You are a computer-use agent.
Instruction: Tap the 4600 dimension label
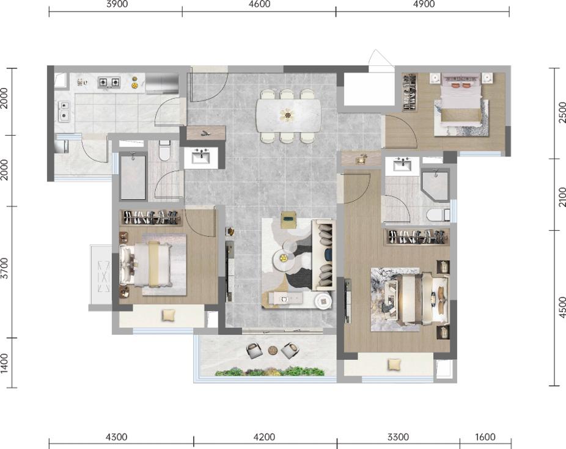pyautogui.click(x=260, y=4)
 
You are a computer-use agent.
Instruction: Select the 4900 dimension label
pyautogui.click(x=424, y=4)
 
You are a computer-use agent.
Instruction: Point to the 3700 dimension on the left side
pyautogui.click(x=4, y=268)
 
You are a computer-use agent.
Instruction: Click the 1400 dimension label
pyautogui.click(x=4, y=363)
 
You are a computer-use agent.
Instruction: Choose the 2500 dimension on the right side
pyautogui.click(x=562, y=112)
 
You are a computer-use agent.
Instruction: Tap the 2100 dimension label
pyautogui.click(x=562, y=197)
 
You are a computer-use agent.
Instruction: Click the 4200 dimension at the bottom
pyautogui.click(x=264, y=437)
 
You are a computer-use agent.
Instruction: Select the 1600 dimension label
pyautogui.click(x=485, y=437)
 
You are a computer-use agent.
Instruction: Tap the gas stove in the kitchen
pyautogui.click(x=109, y=82)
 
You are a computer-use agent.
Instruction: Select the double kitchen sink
pyautogui.click(x=64, y=111)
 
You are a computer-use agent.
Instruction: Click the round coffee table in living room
pyautogui.click(x=284, y=258)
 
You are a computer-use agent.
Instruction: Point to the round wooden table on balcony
pyautogui.click(x=273, y=350)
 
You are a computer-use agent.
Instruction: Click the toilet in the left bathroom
pyautogui.click(x=164, y=151)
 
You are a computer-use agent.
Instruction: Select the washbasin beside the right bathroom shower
pyautogui.click(x=402, y=166)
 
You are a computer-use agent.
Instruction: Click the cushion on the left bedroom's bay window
pyautogui.click(x=168, y=315)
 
